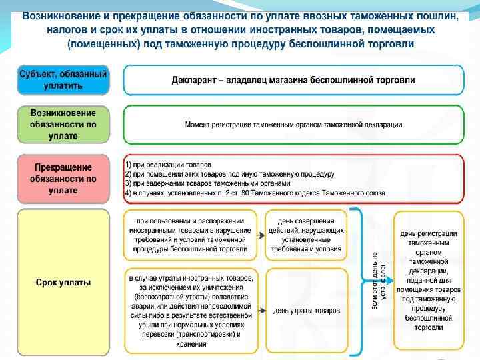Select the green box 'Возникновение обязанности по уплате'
pos(63,124)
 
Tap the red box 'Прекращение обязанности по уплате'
pos(63,179)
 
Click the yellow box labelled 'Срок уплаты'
pos(63,282)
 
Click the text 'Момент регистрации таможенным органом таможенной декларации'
pos(293,125)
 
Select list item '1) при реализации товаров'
pos(168,164)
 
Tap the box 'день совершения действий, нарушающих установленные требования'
pos(306,235)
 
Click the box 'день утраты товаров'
pos(306,311)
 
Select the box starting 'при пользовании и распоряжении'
pos(191,235)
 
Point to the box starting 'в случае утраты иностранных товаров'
pos(191,311)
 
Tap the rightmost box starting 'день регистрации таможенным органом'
pos(428,280)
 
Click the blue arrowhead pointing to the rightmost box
pos(391,280)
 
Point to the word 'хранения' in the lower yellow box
pos(191,344)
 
